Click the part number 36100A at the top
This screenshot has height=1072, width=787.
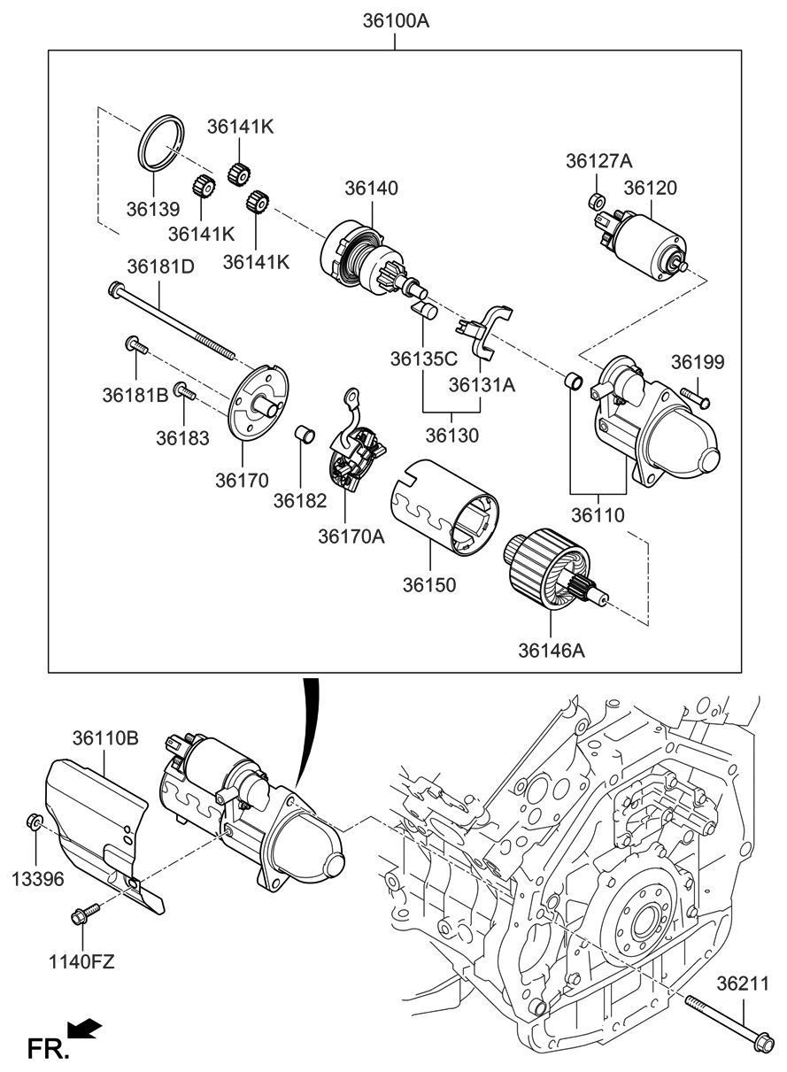click(395, 19)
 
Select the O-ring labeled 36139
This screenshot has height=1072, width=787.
click(162, 142)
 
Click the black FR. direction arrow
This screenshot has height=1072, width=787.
click(85, 1029)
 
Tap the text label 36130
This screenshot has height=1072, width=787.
click(451, 436)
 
